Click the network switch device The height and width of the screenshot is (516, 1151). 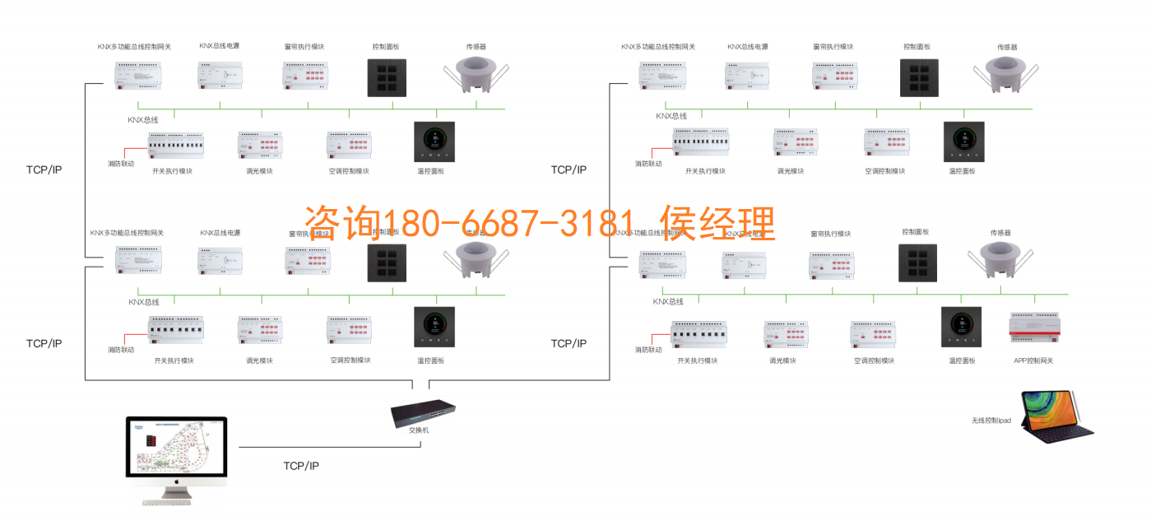(x=422, y=411)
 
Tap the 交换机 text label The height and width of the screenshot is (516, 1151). (x=419, y=430)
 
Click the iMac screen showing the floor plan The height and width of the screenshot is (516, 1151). (x=175, y=449)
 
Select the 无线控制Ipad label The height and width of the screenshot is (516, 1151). (x=991, y=421)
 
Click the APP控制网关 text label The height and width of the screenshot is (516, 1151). (x=1033, y=360)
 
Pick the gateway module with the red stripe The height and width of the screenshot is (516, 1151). (x=1033, y=328)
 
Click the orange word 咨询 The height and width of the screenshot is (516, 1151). (x=341, y=223)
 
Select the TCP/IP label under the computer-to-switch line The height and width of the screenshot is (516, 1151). (x=301, y=466)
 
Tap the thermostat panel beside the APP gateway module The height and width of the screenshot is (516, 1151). (x=961, y=327)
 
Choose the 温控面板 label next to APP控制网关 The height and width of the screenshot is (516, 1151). (x=962, y=360)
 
